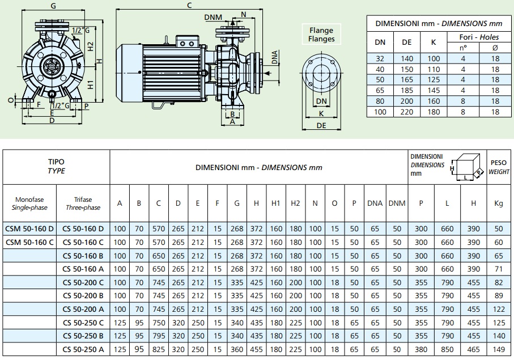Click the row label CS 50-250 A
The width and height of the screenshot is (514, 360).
pos(83,349)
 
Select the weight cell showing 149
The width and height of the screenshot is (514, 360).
pos(499,349)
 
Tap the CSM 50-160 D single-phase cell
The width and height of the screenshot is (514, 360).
pos(29,228)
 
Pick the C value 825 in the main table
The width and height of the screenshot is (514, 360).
pos(159,349)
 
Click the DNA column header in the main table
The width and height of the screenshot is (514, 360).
pos(375,204)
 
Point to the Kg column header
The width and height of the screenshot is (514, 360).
pos(498,204)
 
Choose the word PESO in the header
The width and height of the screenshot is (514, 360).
pos(498,163)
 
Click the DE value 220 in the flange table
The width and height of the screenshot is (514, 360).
pos(406,112)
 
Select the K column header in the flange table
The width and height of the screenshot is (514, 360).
pos(434,43)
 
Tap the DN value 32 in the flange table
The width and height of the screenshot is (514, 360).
pos(380,59)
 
